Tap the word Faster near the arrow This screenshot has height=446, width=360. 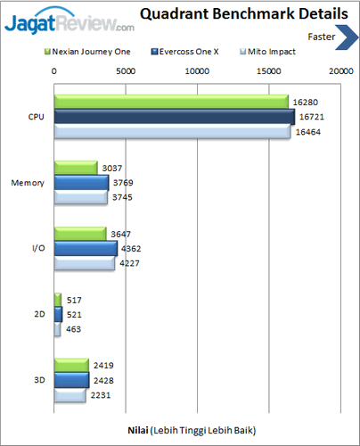[322, 37]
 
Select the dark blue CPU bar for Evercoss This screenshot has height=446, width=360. [174, 117]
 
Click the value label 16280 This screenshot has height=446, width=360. [305, 103]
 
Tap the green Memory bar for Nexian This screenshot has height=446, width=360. [76, 167]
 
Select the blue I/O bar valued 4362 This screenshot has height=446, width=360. [86, 248]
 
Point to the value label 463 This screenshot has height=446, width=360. [74, 329]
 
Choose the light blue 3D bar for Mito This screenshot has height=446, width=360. [70, 395]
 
